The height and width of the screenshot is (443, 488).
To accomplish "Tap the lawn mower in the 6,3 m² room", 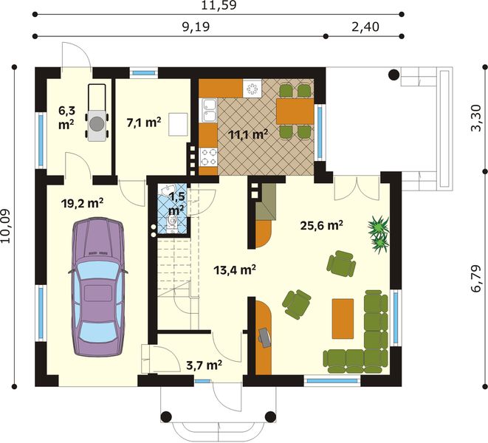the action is (x=97, y=113).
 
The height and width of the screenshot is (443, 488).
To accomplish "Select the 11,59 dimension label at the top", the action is (x=219, y=5).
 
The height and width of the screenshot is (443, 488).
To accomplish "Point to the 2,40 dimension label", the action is (x=365, y=27).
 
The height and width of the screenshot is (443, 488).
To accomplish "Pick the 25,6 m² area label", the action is (x=322, y=225).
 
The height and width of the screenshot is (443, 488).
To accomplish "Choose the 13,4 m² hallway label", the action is (x=235, y=269).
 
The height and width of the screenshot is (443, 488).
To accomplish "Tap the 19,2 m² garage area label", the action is (x=82, y=204).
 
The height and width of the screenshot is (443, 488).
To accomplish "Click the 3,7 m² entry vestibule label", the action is (x=204, y=365).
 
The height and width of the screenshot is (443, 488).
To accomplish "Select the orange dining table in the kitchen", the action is (x=295, y=111).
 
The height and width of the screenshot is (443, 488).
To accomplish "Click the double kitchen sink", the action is (x=208, y=111).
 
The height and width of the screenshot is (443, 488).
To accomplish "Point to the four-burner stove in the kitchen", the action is (x=208, y=157).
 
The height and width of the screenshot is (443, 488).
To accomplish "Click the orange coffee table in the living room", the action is (x=343, y=318).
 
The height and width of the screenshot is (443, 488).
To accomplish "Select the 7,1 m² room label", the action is (x=144, y=122).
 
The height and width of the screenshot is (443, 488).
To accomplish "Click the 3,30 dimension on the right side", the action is (x=476, y=118).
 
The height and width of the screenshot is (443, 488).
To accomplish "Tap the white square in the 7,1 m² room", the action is (x=179, y=125).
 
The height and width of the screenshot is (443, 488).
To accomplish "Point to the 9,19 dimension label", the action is (x=196, y=27).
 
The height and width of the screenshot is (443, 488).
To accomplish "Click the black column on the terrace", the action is (x=394, y=75).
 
